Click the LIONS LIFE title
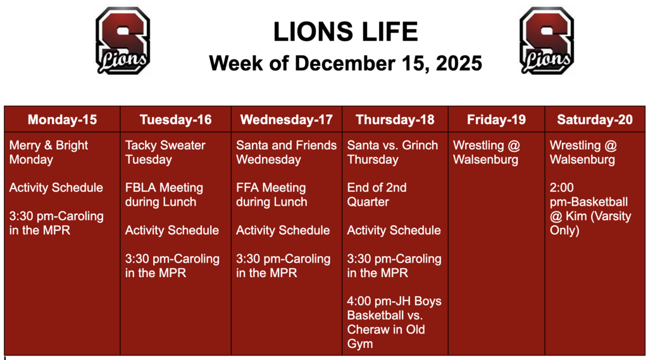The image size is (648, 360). pos(346,32)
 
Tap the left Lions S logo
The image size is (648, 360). pos(123,40)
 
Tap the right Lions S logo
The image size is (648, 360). pos(547,40)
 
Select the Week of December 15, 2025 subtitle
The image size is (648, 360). pos(346,63)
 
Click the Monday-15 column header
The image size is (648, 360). pos(62,120)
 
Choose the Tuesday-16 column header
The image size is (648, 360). pos(175,120)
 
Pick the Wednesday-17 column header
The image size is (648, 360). pos(286,120)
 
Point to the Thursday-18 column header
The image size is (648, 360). pos(395,120)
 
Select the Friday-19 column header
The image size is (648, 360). pos(496,120)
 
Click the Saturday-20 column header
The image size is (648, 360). pos(594,120)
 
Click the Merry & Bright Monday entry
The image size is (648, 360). pos(49,152)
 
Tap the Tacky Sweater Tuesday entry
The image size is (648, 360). pos(165,152)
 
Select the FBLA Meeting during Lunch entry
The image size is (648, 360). pos(164,195)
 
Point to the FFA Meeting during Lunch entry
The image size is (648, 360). pos(271,195)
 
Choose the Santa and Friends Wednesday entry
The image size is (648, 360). pos(286,152)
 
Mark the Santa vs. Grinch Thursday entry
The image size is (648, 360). pos(392,152)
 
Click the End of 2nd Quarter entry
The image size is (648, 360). pos(377,195)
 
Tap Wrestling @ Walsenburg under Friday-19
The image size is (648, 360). pos(486,152)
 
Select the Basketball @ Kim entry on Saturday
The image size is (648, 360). pos(590,209)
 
